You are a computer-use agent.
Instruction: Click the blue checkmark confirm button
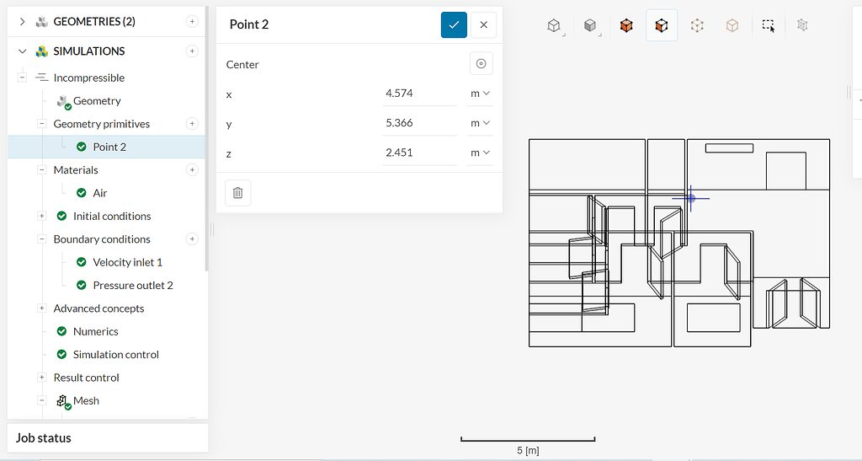point(454,24)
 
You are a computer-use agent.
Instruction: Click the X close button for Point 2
point(483,24)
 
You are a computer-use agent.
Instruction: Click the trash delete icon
point(237,193)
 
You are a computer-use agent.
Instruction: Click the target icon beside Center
point(481,64)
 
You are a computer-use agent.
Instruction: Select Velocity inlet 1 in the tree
point(127,262)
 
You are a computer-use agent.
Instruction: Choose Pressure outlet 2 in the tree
point(132,285)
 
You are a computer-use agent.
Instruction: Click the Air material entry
point(99,193)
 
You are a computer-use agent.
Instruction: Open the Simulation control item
point(115,355)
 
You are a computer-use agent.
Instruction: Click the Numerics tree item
point(95,331)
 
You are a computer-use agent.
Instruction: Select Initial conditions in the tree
point(111,216)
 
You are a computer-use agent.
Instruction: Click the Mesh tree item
point(86,400)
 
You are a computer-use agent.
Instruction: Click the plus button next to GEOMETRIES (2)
point(192,22)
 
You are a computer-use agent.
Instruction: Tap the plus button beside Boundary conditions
point(192,239)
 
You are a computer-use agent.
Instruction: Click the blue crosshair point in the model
point(690,198)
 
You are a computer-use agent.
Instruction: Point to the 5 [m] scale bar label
point(528,451)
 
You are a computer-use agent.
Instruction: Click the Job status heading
point(43,438)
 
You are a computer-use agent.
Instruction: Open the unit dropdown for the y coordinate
point(480,123)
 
